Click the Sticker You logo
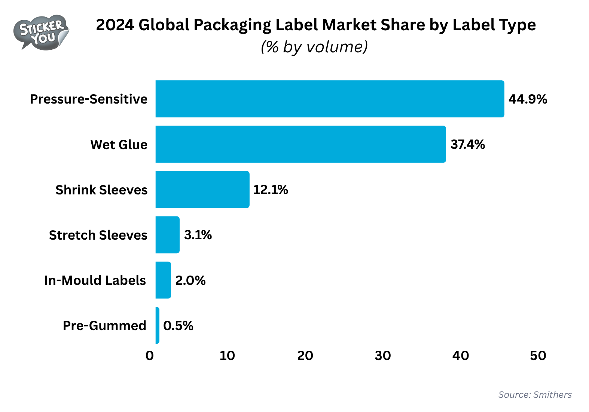click(x=41, y=33)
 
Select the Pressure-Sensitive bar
click(x=329, y=99)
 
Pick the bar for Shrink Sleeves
click(x=202, y=190)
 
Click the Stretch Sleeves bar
click(x=167, y=235)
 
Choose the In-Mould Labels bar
click(x=163, y=280)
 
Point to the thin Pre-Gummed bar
click(x=158, y=325)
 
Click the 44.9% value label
click(x=528, y=99)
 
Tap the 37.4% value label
click(x=468, y=144)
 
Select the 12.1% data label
click(x=271, y=190)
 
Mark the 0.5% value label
click(x=178, y=326)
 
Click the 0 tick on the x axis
click(x=150, y=356)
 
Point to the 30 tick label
click(x=383, y=356)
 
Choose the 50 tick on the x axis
click(x=538, y=356)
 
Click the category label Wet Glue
click(x=119, y=145)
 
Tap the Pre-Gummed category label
click(x=104, y=326)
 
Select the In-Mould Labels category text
click(x=95, y=280)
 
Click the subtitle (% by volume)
click(x=314, y=47)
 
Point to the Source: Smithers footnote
click(x=535, y=395)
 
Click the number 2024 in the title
click(x=115, y=25)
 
